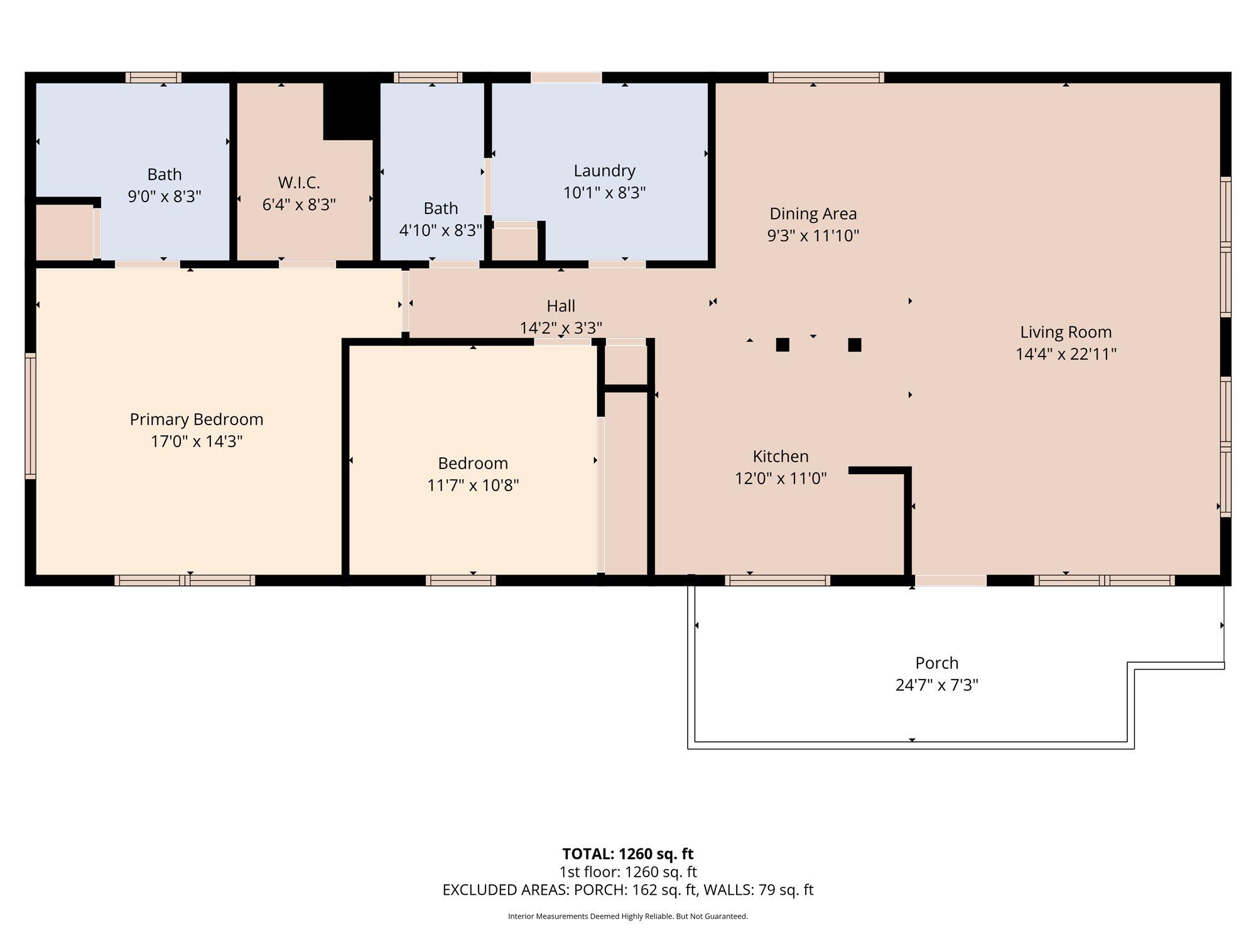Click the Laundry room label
point(604,171)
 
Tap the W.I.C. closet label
point(299,183)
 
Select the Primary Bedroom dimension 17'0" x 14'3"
point(197,441)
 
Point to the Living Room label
point(1066,332)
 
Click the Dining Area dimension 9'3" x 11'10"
point(813,235)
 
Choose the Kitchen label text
point(781,457)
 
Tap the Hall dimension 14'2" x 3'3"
point(561,328)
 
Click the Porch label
point(937,663)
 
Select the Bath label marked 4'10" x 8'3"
point(441,208)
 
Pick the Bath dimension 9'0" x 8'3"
point(165,197)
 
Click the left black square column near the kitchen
point(782,345)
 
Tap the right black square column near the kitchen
point(855,345)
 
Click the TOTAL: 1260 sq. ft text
point(628,854)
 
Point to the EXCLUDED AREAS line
point(628,890)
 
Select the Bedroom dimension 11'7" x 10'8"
point(473,485)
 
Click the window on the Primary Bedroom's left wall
point(30,416)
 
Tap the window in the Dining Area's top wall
point(826,78)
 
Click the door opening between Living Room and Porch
point(951,580)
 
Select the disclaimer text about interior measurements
point(628,916)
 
